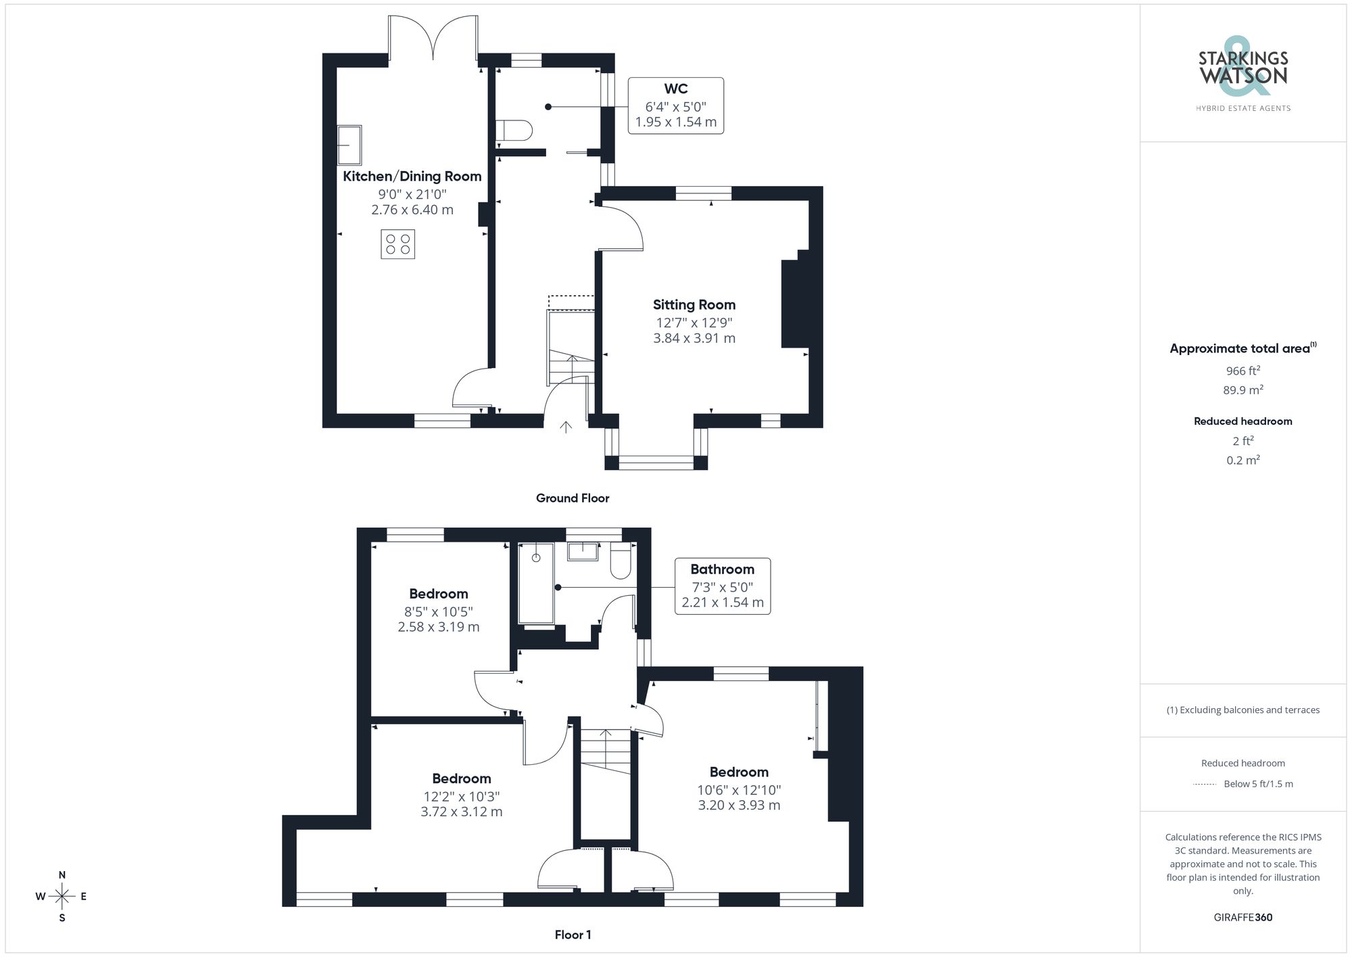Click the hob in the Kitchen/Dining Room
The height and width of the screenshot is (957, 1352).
click(x=397, y=244)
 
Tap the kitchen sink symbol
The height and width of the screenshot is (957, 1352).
click(x=349, y=145)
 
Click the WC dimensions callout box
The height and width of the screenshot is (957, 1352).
click(x=675, y=106)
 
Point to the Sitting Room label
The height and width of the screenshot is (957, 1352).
click(x=694, y=305)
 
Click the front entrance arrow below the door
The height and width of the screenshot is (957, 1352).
click(x=566, y=427)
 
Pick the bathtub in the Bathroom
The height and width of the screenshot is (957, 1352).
click(x=535, y=583)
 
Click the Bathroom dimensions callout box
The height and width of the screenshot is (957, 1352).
click(x=722, y=586)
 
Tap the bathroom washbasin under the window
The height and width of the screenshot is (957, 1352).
click(x=583, y=551)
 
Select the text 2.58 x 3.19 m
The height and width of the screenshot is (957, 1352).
click(x=438, y=627)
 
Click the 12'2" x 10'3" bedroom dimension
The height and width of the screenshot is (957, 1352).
click(x=461, y=796)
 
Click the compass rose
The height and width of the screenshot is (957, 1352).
click(x=62, y=897)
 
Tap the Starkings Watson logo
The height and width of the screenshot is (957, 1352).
click(x=1242, y=71)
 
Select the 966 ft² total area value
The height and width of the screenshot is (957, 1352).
click(x=1242, y=371)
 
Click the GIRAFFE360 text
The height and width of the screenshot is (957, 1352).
click(x=1242, y=917)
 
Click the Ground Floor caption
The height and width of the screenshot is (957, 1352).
click(x=572, y=498)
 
